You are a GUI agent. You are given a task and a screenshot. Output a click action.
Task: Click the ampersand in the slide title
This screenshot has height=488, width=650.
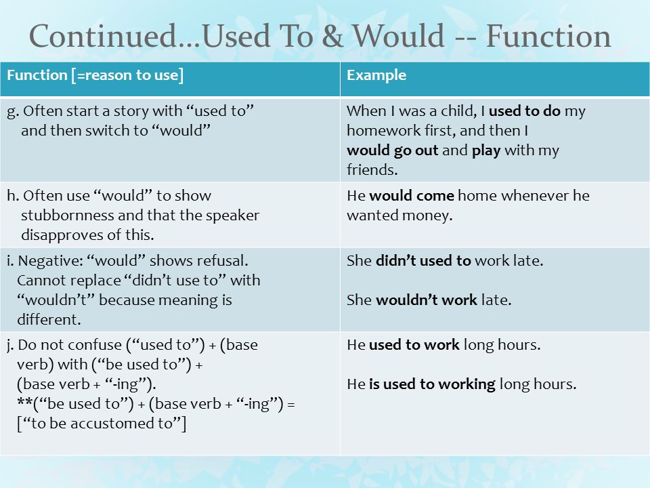click(332, 36)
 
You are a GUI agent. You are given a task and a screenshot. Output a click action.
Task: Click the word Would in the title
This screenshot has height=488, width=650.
click(398, 36)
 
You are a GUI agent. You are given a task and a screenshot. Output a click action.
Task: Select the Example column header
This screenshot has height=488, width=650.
click(376, 75)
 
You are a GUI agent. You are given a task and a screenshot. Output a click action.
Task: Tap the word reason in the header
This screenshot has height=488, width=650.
click(108, 75)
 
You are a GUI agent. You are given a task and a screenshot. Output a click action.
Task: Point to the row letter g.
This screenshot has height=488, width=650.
click(12, 112)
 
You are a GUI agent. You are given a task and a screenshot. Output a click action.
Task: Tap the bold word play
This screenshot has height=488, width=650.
click(486, 150)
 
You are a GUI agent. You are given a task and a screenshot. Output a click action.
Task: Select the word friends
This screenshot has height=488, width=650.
click(372, 169)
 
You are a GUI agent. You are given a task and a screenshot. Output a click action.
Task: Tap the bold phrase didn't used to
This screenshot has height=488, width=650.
click(423, 260)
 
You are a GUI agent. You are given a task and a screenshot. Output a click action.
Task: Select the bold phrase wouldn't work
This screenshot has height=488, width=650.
click(427, 300)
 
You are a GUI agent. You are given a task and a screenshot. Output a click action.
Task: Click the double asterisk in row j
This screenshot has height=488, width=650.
click(25, 401)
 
